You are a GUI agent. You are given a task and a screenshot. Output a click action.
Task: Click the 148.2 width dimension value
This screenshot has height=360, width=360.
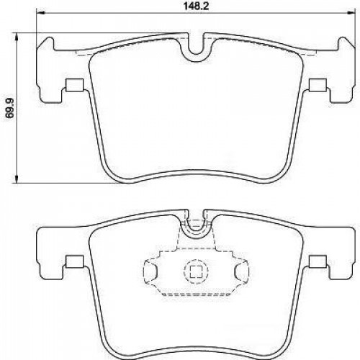[x=197, y=6]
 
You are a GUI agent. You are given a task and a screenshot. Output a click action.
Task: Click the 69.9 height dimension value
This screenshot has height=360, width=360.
[x=10, y=108]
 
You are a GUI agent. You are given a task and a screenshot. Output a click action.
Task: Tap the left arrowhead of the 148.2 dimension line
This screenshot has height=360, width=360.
[x=40, y=12]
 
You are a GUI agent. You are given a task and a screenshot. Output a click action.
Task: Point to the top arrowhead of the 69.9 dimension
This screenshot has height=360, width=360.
[x=17, y=37]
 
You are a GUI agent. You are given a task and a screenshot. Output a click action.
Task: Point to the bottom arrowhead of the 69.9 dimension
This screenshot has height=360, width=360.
[x=17, y=179]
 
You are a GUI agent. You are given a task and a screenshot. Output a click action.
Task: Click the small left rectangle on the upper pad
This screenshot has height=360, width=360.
[x=74, y=85]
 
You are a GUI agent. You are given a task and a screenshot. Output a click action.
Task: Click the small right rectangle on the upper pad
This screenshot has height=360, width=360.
[x=318, y=85]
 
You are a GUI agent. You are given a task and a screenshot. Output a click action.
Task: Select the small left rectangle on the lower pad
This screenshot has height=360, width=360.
[x=74, y=261]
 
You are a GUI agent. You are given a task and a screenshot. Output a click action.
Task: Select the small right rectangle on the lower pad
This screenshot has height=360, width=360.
[x=318, y=261]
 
